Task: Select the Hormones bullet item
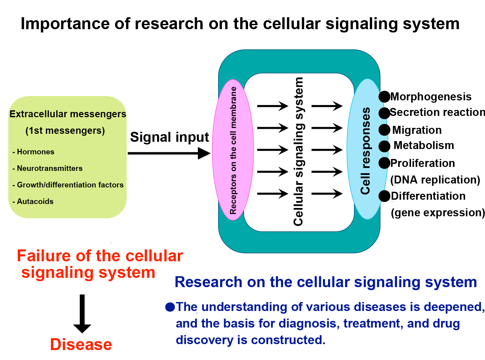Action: coord(35,152)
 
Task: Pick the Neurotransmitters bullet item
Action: coord(50,168)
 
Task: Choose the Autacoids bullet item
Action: coord(35,201)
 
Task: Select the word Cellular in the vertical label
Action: coord(298,204)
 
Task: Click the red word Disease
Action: coord(81,344)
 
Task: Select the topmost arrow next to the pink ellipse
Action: coord(273,106)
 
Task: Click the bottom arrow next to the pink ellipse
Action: coord(273,193)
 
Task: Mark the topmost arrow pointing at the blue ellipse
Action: coord(327,106)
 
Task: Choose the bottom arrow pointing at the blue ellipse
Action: coord(327,193)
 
